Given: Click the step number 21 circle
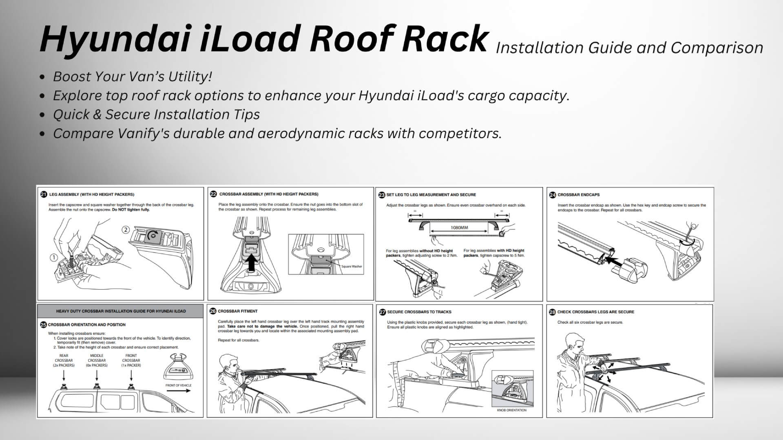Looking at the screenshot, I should pyautogui.click(x=44, y=194).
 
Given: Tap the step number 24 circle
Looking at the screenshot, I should pyautogui.click(x=553, y=195).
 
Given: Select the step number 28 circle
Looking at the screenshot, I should pyautogui.click(x=552, y=312).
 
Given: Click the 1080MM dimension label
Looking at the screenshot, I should pyautogui.click(x=459, y=228).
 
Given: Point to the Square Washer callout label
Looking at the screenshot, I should pyautogui.click(x=352, y=266).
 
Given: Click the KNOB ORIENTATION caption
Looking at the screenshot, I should pyautogui.click(x=512, y=410).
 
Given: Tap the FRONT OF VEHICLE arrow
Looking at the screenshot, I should pyautogui.click(x=179, y=391).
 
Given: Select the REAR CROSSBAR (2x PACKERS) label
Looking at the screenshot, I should pyautogui.click(x=64, y=361).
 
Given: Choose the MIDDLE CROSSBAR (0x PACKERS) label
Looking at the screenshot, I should pyautogui.click(x=97, y=361).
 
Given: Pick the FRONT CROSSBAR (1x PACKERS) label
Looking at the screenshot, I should pyautogui.click(x=131, y=361).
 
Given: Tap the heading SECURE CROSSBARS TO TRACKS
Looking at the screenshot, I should pyautogui.click(x=419, y=312).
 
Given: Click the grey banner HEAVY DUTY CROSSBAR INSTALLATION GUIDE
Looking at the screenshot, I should pyautogui.click(x=121, y=311).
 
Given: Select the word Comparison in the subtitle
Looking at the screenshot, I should pyautogui.click(x=717, y=48).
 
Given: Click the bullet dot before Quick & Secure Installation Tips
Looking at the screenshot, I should pyautogui.click(x=42, y=115).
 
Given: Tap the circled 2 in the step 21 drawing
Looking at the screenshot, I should pyautogui.click(x=126, y=230).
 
